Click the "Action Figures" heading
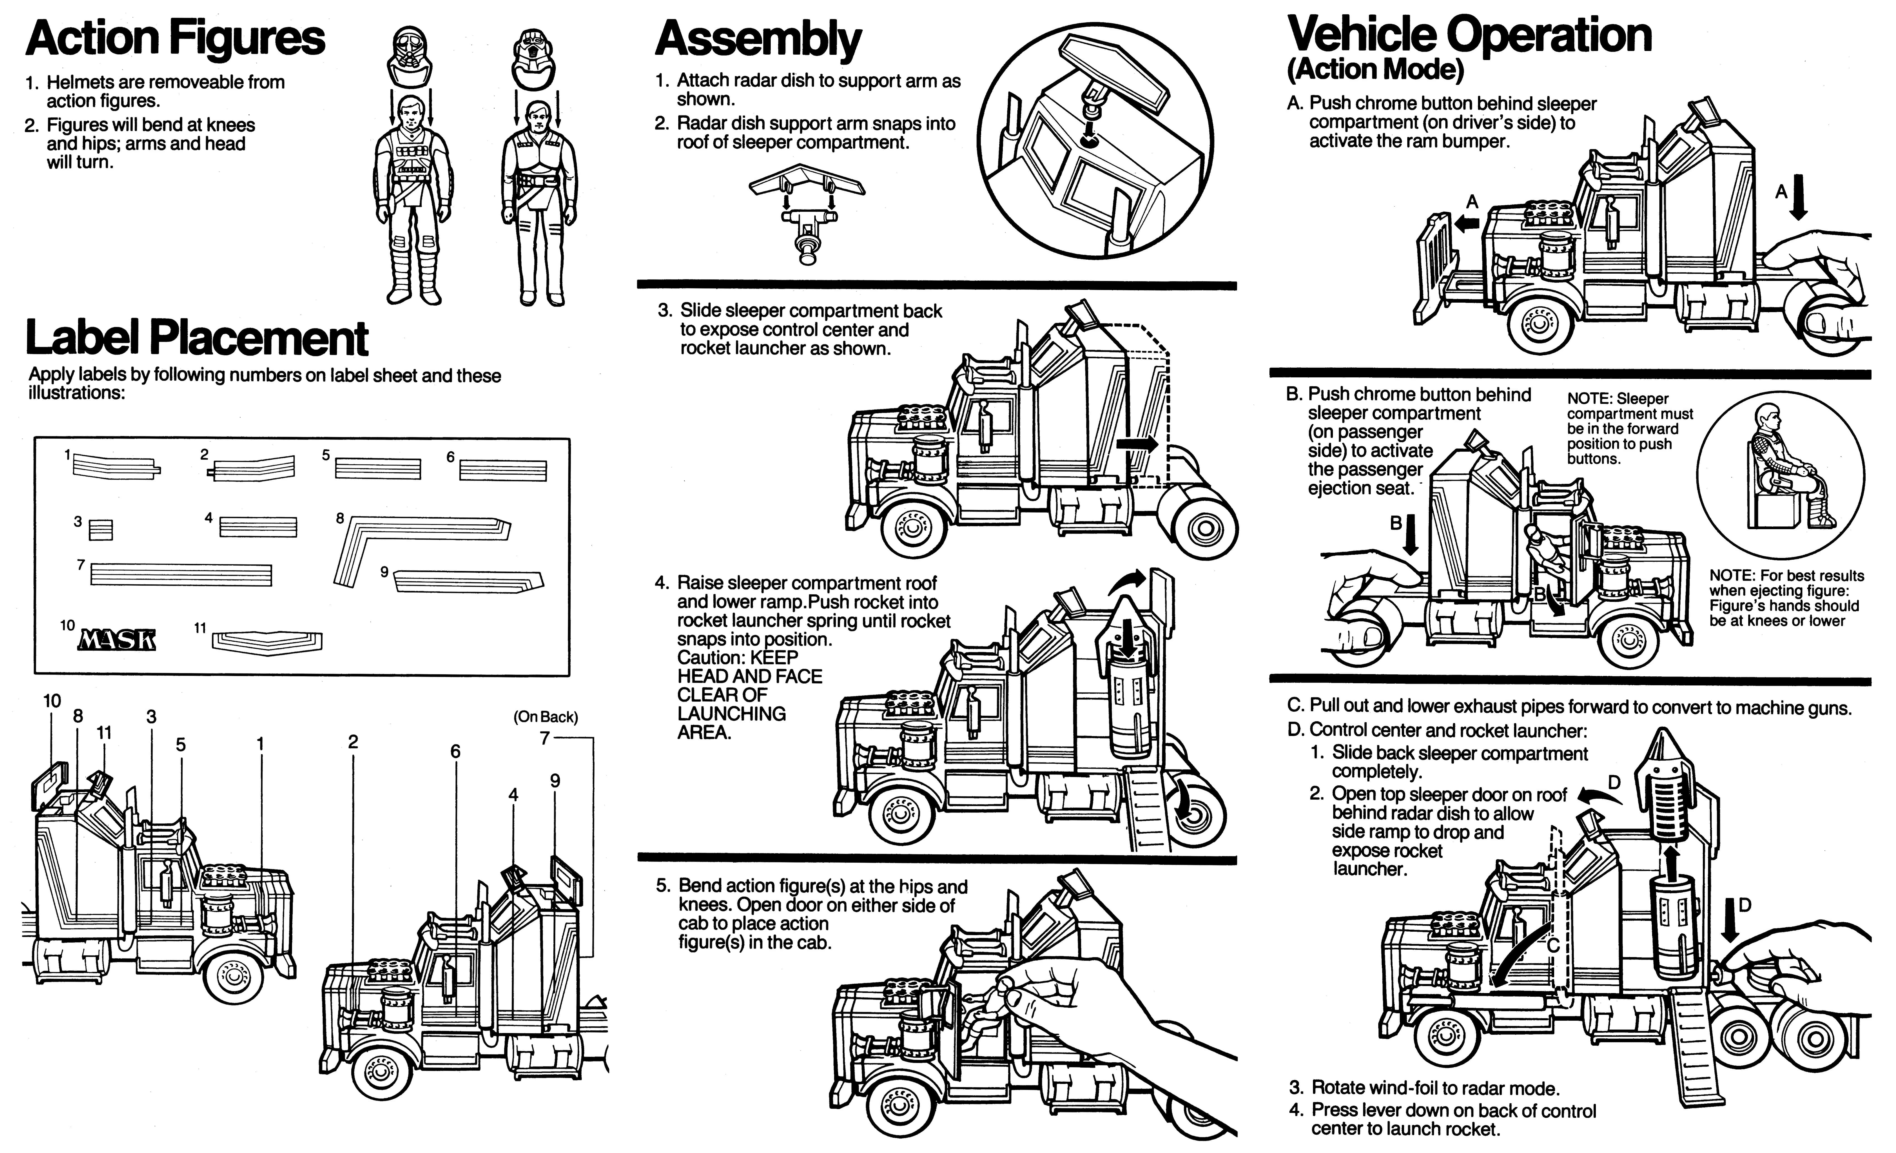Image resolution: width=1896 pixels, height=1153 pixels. (175, 39)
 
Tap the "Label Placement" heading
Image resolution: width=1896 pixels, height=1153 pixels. (197, 338)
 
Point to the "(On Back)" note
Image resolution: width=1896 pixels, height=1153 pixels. (546, 717)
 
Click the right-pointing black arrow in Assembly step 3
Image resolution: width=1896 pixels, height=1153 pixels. (1137, 444)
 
